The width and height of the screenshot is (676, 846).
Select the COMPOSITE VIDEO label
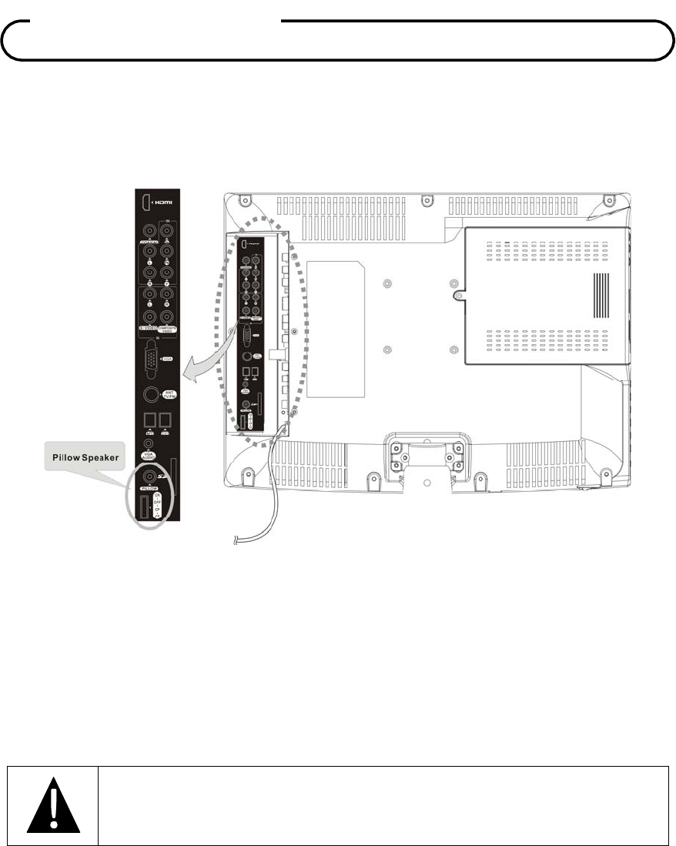169,328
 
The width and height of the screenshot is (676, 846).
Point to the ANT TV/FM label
171,395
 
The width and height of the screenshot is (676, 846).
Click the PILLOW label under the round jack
149,488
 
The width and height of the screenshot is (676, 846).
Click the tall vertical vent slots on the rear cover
600,296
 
